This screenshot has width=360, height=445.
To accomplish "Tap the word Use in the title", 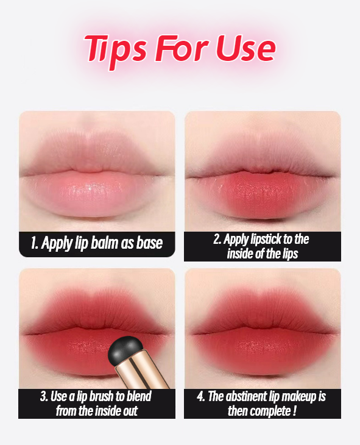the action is click(x=245, y=48).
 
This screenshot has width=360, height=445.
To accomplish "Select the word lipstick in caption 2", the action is click(x=267, y=240).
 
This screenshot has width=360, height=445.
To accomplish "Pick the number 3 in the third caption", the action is click(x=44, y=396).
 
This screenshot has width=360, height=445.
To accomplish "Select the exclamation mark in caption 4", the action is click(x=294, y=410).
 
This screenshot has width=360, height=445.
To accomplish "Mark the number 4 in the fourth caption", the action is click(x=200, y=396).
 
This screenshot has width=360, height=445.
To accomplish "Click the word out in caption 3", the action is click(x=130, y=411).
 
